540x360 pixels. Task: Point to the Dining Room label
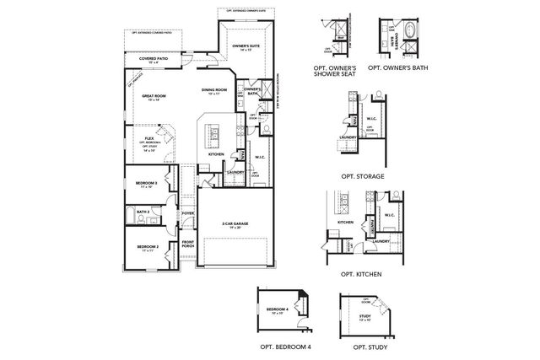(x=214, y=90)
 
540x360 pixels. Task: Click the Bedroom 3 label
(x=145, y=184)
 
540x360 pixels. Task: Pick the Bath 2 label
(x=143, y=212)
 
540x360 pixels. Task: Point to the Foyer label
(x=188, y=213)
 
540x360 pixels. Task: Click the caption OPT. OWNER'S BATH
(x=401, y=66)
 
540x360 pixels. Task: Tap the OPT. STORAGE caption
(x=363, y=176)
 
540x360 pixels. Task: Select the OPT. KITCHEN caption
(x=362, y=275)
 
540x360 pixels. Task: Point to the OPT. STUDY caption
(x=363, y=347)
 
